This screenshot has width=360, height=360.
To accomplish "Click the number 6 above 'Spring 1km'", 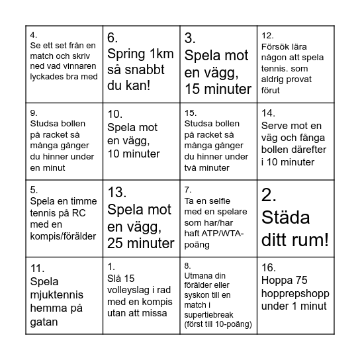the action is [113, 38].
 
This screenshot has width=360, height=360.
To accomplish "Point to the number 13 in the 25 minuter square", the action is [117, 193].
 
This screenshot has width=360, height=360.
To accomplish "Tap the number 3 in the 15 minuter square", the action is [191, 38].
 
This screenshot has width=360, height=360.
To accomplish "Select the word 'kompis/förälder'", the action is [64, 236].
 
